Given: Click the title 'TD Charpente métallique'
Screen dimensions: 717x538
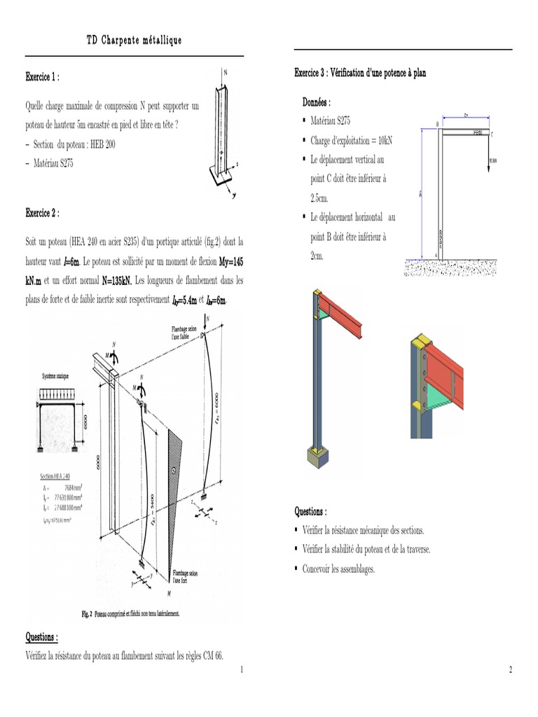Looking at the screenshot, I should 134,41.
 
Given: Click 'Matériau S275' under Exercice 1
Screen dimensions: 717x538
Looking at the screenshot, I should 53,163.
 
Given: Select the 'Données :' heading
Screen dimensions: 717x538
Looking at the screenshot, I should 317,102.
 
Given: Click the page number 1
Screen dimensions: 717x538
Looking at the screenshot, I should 241,670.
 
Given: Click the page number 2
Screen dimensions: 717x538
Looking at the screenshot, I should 510,670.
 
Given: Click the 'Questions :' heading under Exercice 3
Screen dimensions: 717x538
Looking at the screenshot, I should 310,512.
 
